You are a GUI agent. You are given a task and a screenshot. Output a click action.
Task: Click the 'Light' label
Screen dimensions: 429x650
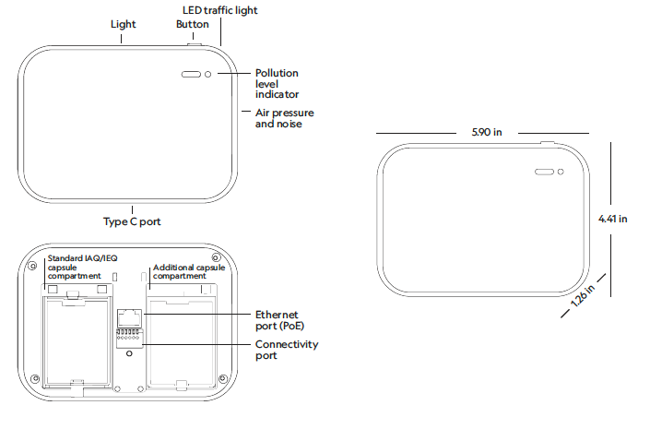point(123,24)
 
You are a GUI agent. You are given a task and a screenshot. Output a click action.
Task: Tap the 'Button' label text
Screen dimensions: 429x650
point(192,24)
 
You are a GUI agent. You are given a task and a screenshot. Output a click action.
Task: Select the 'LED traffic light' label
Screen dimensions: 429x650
point(220,10)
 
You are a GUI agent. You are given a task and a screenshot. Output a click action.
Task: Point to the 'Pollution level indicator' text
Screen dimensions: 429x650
point(277,83)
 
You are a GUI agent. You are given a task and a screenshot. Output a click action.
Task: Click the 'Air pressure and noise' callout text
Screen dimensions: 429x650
point(278,118)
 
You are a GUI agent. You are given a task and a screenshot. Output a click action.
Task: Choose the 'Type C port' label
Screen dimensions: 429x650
point(133,221)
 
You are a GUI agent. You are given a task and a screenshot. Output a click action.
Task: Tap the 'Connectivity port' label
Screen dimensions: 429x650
point(286,350)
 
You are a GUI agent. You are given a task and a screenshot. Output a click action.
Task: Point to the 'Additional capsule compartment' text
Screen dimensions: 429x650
point(189,271)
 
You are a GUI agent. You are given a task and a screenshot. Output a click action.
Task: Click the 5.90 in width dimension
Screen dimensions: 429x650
point(485,133)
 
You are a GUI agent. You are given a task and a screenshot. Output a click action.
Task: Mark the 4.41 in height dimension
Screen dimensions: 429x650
point(612,219)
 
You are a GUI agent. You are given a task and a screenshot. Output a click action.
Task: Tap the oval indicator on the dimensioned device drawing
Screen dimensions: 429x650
point(544,172)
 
